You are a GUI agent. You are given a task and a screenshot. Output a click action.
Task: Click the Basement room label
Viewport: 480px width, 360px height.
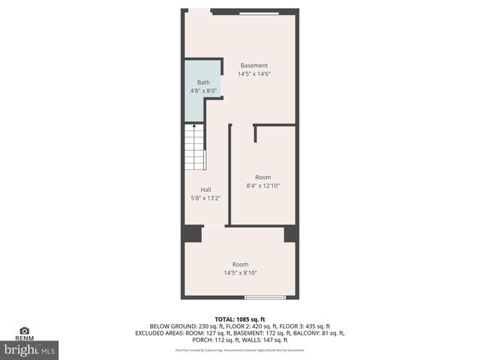253,66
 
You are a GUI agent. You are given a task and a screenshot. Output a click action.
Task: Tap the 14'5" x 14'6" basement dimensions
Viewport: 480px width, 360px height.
253,74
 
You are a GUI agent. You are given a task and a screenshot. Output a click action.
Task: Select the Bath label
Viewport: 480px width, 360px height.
203,82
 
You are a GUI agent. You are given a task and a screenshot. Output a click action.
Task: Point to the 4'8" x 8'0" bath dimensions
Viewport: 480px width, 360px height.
203,91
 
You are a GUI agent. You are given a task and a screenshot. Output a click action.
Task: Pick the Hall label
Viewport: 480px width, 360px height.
205,190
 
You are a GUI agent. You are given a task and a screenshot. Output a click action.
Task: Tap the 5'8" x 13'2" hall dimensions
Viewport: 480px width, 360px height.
205,198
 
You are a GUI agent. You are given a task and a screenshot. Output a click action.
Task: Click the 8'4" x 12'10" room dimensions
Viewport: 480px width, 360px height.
262,186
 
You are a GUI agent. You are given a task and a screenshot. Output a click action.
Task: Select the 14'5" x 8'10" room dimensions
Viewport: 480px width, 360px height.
240,273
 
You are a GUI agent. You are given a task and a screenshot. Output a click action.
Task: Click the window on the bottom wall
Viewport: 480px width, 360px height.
265,298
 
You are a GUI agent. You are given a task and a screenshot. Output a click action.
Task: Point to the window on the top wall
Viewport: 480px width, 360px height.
259,12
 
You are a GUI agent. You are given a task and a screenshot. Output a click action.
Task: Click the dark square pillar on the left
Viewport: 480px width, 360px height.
193,233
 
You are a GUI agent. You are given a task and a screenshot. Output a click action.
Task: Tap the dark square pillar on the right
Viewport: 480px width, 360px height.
291,233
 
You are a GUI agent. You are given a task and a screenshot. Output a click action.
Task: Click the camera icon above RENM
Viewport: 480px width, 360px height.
24,330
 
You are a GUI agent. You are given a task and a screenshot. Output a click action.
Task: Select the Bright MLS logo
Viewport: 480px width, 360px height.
30,349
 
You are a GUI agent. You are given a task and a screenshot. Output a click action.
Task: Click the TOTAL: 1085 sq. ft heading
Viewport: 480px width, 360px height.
240,319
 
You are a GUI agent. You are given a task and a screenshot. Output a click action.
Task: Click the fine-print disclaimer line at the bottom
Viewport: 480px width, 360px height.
240,349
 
